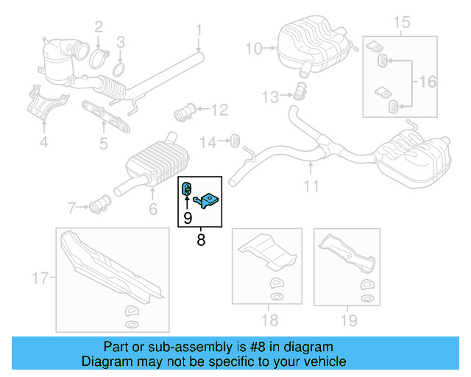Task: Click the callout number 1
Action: click(198, 30)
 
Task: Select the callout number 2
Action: click(98, 28)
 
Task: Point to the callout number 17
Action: click(40, 278)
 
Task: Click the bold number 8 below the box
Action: click(201, 239)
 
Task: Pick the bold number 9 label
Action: click(188, 217)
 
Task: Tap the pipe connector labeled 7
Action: click(100, 203)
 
